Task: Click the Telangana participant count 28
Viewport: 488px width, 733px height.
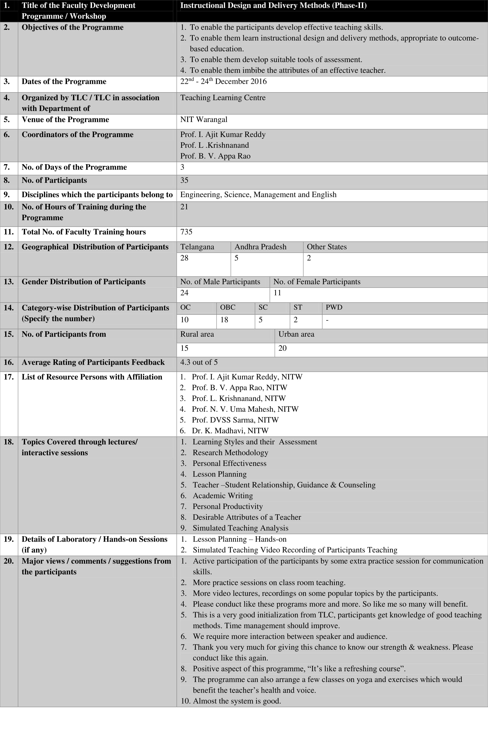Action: pos(184,258)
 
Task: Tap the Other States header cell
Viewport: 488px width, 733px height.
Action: pos(326,247)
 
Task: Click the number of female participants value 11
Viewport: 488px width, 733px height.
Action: pos(277,293)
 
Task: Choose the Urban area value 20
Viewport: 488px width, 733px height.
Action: pos(282,348)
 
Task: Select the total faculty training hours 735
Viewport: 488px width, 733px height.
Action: pos(186,232)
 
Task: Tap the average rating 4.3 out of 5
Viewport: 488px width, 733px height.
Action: pos(199,362)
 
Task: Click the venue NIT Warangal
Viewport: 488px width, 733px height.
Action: pos(203,119)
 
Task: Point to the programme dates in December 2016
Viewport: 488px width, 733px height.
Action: pos(223,82)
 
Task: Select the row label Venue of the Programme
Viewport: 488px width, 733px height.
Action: pos(65,119)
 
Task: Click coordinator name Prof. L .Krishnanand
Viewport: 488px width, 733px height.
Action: pos(214,145)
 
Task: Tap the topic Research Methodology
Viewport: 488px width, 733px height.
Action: pos(230,453)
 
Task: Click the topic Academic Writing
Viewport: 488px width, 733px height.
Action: pos(223,496)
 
